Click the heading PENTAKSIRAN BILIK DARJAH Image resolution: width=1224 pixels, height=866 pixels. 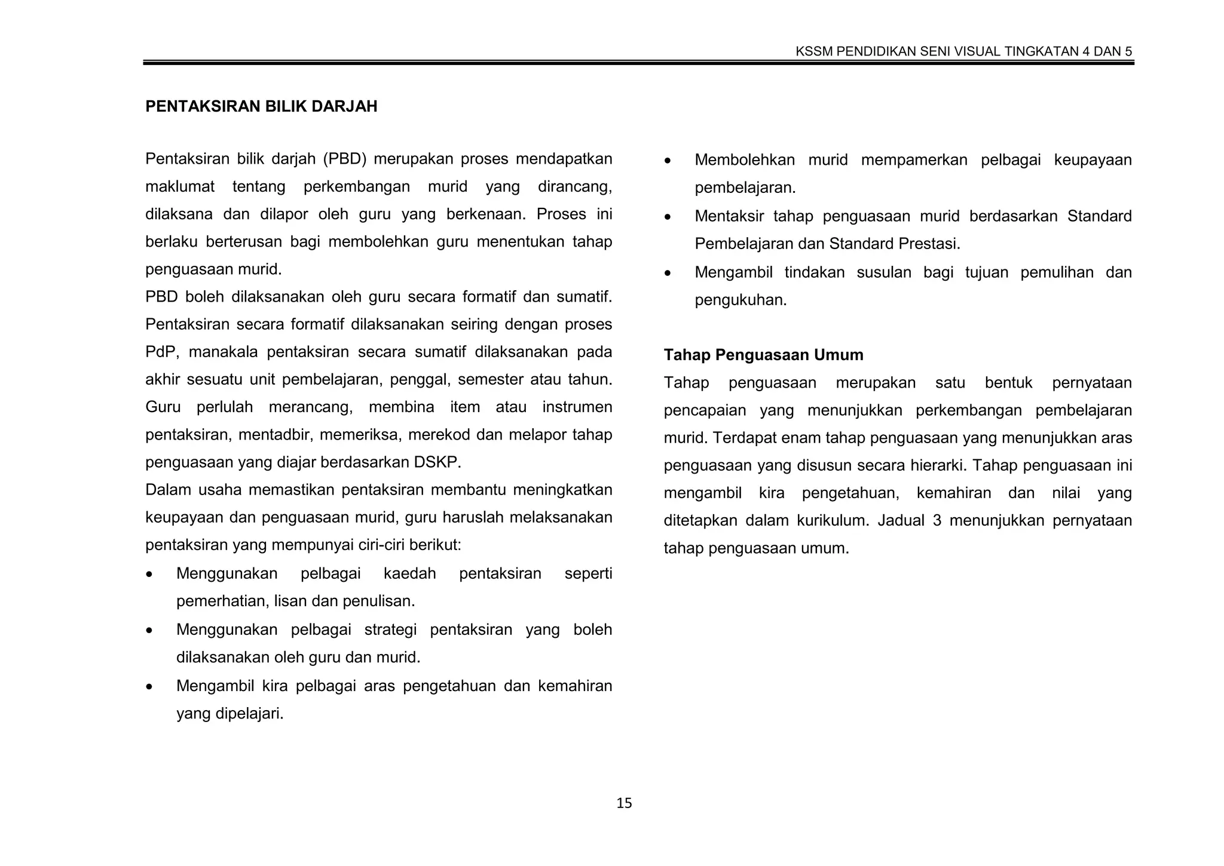pyautogui.click(x=261, y=106)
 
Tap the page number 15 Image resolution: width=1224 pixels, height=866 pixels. pyautogui.click(x=623, y=803)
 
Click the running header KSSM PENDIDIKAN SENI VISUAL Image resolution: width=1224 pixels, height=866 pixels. pyautogui.click(x=963, y=51)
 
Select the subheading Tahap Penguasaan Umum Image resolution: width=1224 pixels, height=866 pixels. pyautogui.click(x=763, y=355)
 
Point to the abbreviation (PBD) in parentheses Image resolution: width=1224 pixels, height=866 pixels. pyautogui.click(x=344, y=159)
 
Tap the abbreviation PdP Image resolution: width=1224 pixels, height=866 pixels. pyautogui.click(x=161, y=352)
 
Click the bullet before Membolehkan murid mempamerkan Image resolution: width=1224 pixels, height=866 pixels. pyautogui.click(x=668, y=161)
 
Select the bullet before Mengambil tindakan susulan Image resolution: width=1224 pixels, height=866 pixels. pyautogui.click(x=668, y=274)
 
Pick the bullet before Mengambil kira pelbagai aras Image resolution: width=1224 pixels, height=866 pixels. pyautogui.click(x=149, y=687)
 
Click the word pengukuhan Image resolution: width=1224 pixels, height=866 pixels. pyautogui.click(x=740, y=300)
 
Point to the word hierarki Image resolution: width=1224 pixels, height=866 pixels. pyautogui.click(x=935, y=465)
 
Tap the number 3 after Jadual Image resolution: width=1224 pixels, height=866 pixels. pyautogui.click(x=937, y=520)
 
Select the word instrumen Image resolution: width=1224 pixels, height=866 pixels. pyautogui.click(x=577, y=407)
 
